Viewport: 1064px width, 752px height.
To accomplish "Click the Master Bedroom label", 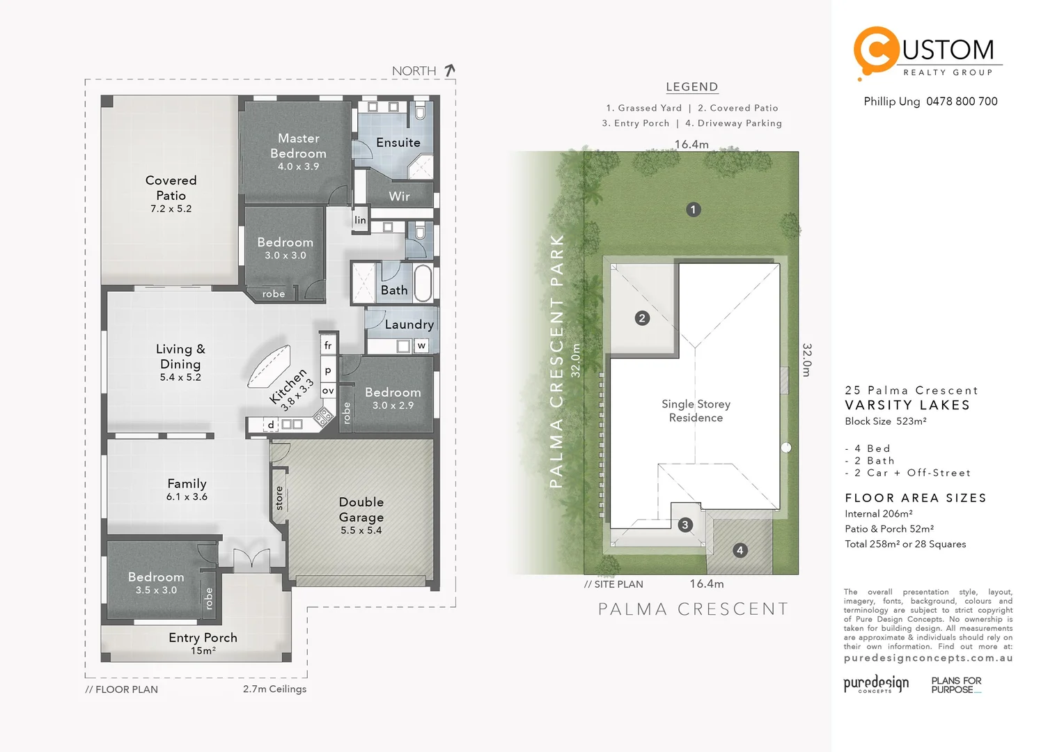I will click(x=298, y=146).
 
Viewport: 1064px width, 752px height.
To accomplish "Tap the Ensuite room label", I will click(x=398, y=143).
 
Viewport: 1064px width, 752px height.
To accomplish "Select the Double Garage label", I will click(x=361, y=510).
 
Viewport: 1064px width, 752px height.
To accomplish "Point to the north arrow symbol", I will click(x=450, y=70).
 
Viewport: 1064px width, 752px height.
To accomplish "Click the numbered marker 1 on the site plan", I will click(x=693, y=210).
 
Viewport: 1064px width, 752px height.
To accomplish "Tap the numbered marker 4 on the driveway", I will click(x=740, y=550).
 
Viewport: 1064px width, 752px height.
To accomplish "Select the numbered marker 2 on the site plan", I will click(x=642, y=318).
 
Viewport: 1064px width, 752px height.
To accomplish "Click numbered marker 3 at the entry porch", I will click(x=685, y=525).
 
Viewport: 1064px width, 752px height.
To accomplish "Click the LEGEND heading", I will click(x=691, y=87).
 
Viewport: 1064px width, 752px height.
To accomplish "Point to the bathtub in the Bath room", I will click(x=423, y=282).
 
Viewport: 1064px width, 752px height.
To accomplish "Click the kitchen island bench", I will click(x=269, y=367).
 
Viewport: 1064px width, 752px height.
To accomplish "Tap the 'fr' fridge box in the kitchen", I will click(x=328, y=345).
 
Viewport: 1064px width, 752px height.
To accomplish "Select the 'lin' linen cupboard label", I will click(x=360, y=220).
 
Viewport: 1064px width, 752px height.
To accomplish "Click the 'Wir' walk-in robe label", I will click(x=399, y=196).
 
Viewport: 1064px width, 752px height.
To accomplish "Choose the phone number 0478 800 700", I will click(x=962, y=102).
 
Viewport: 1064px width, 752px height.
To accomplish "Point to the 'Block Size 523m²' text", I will click(x=885, y=421).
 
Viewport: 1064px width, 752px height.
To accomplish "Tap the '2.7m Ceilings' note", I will click(x=274, y=689).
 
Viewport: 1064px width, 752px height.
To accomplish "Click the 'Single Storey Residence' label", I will click(x=696, y=411).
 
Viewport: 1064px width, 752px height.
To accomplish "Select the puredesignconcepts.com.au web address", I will click(x=928, y=658).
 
